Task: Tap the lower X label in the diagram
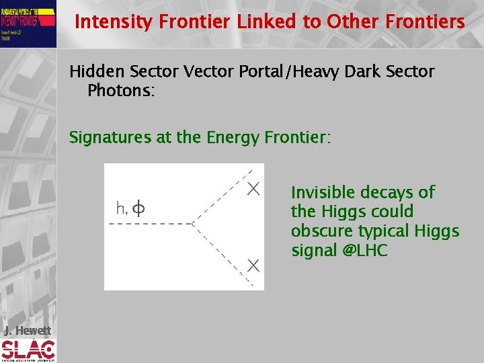pos(253,265)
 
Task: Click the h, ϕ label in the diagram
pos(130,209)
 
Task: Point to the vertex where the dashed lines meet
pos(193,223)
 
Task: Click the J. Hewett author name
pos(27,330)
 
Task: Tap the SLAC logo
pos(28,350)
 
